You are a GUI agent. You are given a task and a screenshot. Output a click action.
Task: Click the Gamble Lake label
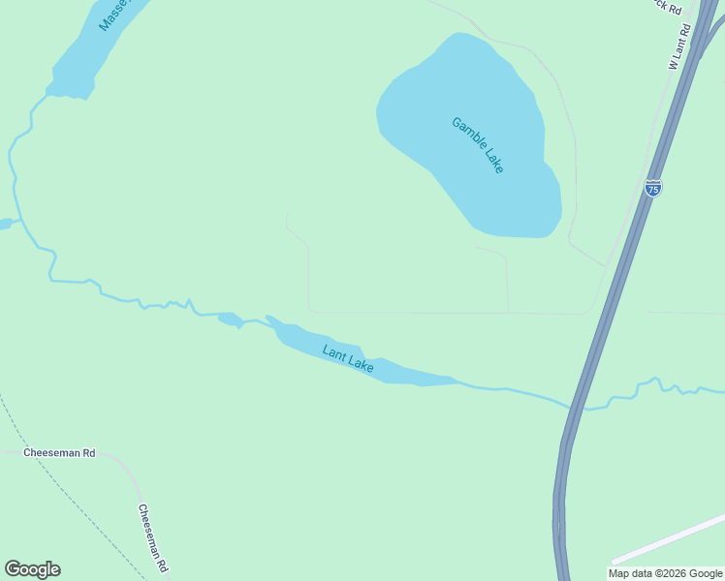point(478,145)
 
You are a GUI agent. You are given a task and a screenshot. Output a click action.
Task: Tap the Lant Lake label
point(348,360)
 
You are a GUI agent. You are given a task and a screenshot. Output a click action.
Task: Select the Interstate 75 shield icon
point(653,187)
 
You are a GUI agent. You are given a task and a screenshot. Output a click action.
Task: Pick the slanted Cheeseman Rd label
point(153,537)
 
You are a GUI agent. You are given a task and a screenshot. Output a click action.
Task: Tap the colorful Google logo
point(32,569)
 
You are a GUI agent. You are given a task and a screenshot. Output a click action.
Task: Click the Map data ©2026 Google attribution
point(665,573)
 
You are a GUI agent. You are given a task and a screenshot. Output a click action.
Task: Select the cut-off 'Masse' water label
point(114,15)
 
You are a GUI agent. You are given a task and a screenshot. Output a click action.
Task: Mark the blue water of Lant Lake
point(407,373)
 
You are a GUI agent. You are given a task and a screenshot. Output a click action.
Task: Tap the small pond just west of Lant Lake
point(230,319)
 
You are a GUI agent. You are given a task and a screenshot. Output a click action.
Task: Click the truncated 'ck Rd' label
point(667,6)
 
